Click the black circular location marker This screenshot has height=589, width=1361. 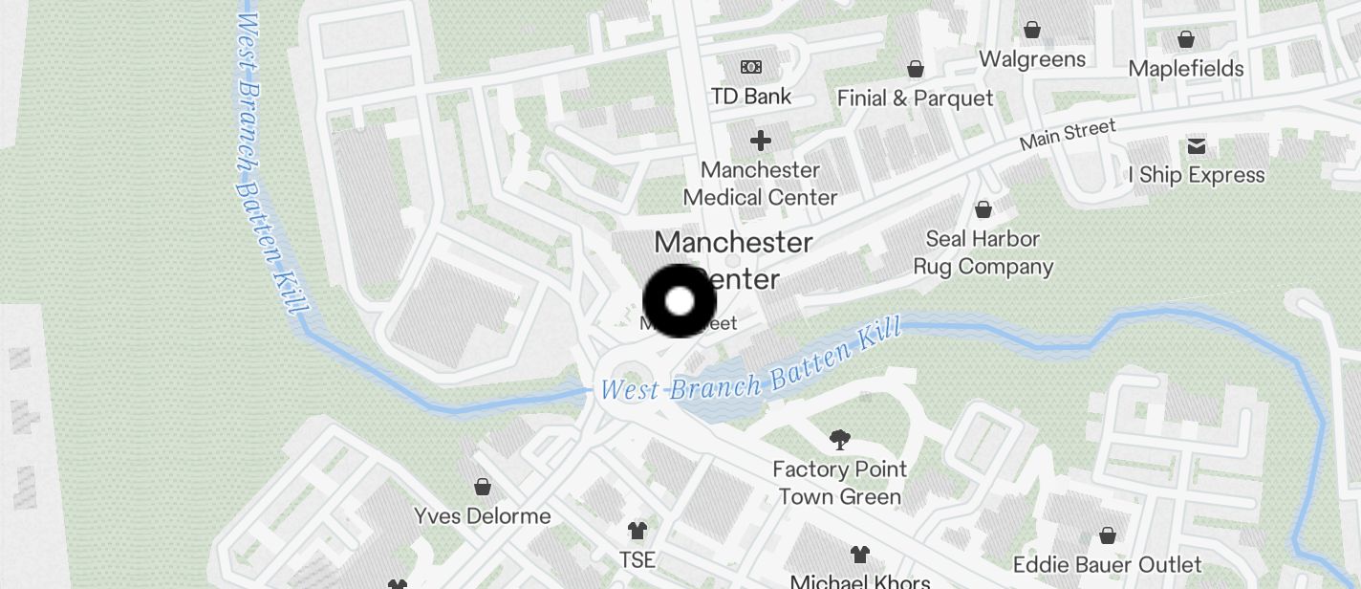tap(680, 301)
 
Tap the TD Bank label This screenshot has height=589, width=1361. tap(751, 96)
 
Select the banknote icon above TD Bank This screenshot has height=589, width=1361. tap(751, 67)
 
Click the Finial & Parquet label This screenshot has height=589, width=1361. tap(915, 98)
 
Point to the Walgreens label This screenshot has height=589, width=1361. tap(1032, 59)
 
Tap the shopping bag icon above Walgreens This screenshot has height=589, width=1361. tap(1032, 30)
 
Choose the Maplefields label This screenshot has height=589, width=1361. tap(1186, 69)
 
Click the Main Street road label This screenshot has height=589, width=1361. tap(1068, 135)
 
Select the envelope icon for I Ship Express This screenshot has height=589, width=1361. tap(1197, 146)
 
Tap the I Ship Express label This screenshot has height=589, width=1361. tap(1197, 175)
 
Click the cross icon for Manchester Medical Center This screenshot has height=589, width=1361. tap(761, 142)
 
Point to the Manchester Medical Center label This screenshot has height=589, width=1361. tap(761, 184)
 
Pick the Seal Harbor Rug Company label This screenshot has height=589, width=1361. tap(983, 252)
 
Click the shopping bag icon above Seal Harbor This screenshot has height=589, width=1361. tap(983, 209)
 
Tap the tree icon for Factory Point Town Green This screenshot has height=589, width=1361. tap(840, 440)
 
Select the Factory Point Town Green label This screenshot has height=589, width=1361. tap(840, 483)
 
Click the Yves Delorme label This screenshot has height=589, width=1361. tap(483, 516)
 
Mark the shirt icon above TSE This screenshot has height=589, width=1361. tap(637, 530)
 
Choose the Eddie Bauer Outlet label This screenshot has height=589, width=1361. tap(1108, 564)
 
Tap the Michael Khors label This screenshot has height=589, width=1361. tap(860, 580)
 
